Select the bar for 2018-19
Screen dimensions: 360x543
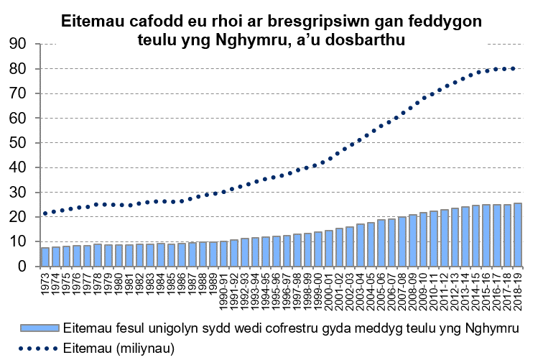[x=518, y=235]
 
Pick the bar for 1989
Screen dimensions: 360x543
[x=213, y=254]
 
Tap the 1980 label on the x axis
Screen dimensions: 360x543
[x=119, y=281]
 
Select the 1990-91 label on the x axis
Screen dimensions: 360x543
[x=224, y=285]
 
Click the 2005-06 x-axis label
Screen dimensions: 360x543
[x=381, y=285]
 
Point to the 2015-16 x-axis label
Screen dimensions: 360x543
[x=486, y=285]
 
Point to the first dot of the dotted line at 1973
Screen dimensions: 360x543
[x=45, y=213]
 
